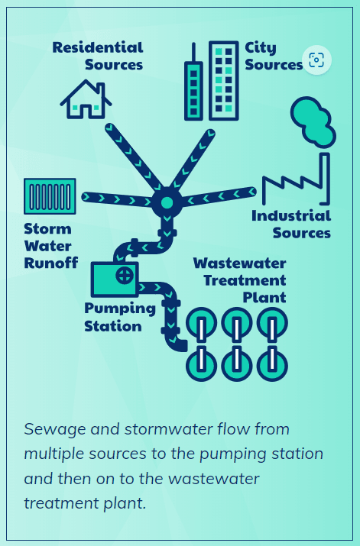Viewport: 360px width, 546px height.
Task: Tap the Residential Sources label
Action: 98,57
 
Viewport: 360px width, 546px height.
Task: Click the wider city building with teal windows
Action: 223,81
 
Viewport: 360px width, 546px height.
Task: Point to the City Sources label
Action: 273,57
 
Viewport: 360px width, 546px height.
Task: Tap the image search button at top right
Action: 316,60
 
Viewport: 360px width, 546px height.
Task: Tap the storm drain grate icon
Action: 49,197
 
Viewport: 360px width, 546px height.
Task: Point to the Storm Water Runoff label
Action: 50,246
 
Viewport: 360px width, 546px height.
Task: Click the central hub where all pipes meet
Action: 165,203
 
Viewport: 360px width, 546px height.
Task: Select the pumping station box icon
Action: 115,279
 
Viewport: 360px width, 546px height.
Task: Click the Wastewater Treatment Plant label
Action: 239,279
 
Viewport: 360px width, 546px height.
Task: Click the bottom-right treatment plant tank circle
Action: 271,365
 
